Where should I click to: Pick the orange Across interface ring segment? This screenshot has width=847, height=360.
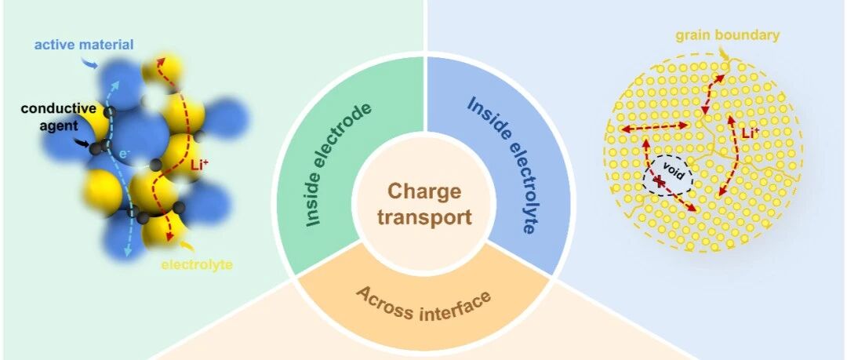(x=423, y=302)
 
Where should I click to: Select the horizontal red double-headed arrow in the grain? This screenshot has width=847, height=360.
(x=653, y=126)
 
